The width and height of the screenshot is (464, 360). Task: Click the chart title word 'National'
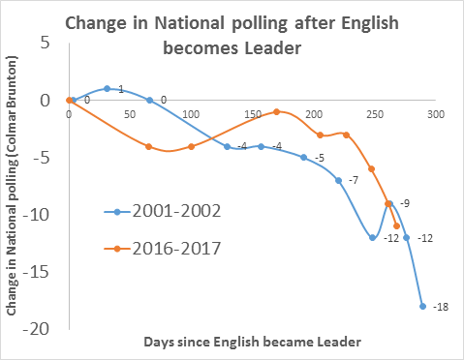(189, 23)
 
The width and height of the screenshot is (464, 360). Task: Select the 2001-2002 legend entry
(163, 211)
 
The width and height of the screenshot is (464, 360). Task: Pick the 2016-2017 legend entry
(163, 249)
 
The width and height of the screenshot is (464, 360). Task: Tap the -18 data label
(441, 307)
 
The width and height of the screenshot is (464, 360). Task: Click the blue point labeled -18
(422, 307)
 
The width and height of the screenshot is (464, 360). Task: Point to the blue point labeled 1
(108, 89)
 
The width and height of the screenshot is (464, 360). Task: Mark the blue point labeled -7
(338, 180)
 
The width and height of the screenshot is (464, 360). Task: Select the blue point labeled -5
(303, 158)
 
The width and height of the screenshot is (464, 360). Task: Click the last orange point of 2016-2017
(397, 226)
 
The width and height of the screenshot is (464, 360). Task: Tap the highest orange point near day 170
(276, 111)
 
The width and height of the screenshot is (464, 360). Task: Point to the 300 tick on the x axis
(436, 114)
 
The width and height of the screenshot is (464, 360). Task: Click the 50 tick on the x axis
(130, 114)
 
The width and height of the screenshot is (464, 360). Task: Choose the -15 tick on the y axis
(36, 272)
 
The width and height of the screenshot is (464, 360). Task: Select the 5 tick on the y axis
(46, 43)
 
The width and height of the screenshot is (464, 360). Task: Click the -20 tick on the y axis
(36, 329)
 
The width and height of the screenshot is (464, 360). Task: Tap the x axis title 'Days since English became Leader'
(252, 342)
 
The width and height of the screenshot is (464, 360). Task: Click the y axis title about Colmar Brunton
(12, 186)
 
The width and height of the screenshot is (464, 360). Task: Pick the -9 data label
(405, 203)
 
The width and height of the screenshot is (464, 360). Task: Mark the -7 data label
(354, 180)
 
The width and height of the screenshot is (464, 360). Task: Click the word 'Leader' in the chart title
(273, 48)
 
